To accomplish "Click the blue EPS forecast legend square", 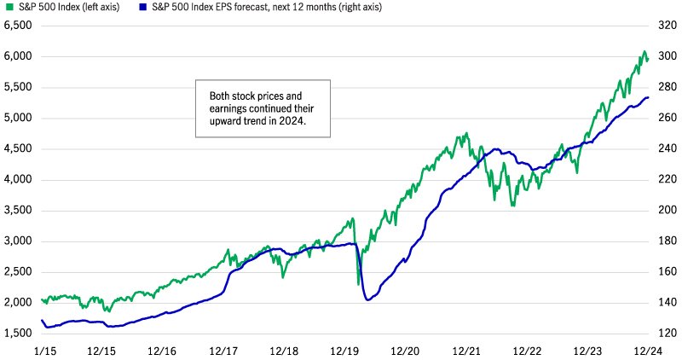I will click(135, 7).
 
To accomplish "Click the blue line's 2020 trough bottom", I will click(367, 299).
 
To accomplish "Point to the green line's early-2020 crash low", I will click(358, 283).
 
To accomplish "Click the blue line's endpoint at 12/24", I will click(647, 97).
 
